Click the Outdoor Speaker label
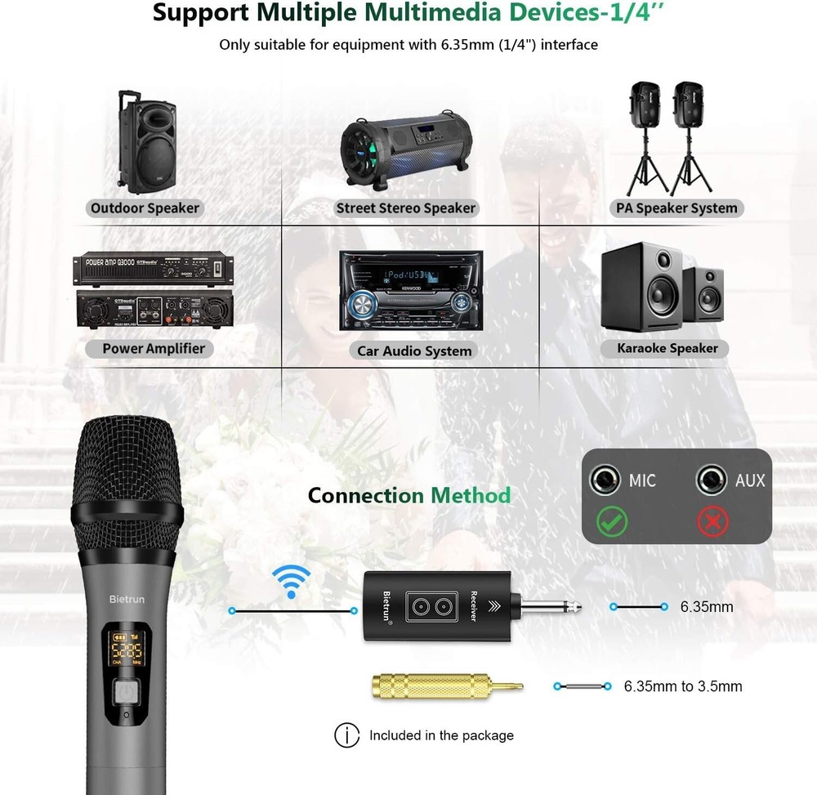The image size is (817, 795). click(x=145, y=208)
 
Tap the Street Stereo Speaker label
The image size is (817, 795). click(x=405, y=208)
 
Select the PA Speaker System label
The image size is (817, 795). click(x=675, y=208)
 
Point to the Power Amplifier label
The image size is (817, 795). click(x=154, y=349)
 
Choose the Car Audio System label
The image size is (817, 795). click(x=414, y=351)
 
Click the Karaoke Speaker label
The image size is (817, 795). click(x=667, y=348)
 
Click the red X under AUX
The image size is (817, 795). click(x=712, y=520)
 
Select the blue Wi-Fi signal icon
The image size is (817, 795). click(x=291, y=581)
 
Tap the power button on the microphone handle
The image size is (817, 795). click(x=124, y=694)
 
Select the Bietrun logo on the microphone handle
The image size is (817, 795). click(x=127, y=599)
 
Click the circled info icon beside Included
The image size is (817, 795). click(x=346, y=735)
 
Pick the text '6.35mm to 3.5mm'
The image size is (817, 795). click(x=682, y=686)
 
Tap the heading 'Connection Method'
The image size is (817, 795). click(x=408, y=495)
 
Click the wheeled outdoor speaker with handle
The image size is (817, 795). click(x=144, y=140)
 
